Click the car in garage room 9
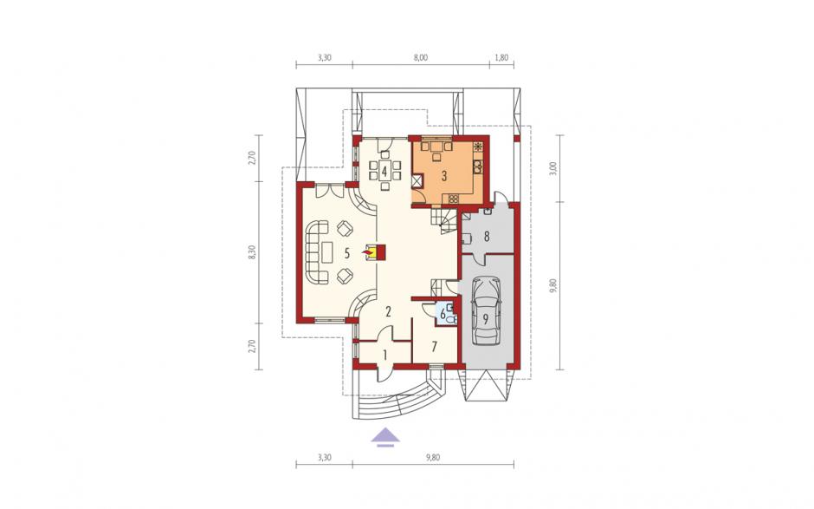pos(487,310)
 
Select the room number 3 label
pos(444,176)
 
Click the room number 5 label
pos(347,253)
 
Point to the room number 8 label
pos(487,237)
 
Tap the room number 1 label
pos(384,356)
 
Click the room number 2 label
pos(388,311)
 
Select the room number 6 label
pos(443,314)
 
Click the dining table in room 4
pos(384,170)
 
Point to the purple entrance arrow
pos(384,437)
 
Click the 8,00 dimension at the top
pos(421,58)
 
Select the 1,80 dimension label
pos(501,58)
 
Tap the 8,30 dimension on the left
pos(252,251)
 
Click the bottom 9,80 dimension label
pos(432,458)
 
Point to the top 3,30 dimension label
pos(324,58)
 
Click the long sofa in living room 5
pos(316,252)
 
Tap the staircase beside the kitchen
pos(444,220)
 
